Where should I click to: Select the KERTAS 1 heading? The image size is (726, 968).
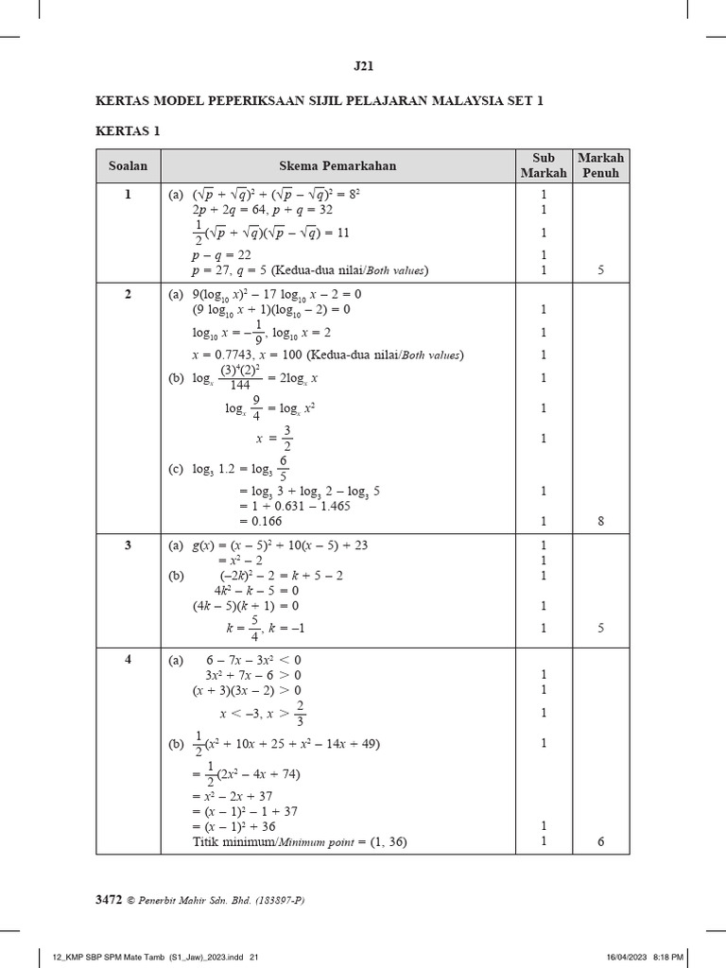pyautogui.click(x=128, y=130)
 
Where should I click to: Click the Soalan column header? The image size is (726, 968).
pyautogui.click(x=129, y=165)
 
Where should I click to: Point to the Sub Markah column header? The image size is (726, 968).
pyautogui.click(x=544, y=165)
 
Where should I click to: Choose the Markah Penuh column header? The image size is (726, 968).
pyautogui.click(x=600, y=165)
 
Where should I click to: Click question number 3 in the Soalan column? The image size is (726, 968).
pyautogui.click(x=129, y=545)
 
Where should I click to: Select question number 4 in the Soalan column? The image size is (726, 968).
pyautogui.click(x=129, y=660)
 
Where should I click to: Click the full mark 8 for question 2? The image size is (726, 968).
pyautogui.click(x=600, y=521)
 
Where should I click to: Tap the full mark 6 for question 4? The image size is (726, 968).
pyautogui.click(x=600, y=842)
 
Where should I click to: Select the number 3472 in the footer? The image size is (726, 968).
pyautogui.click(x=110, y=901)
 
